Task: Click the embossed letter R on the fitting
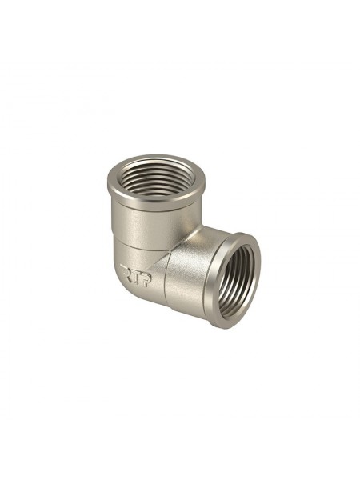126,270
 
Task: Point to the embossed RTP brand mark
136,275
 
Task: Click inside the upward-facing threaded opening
156,178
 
